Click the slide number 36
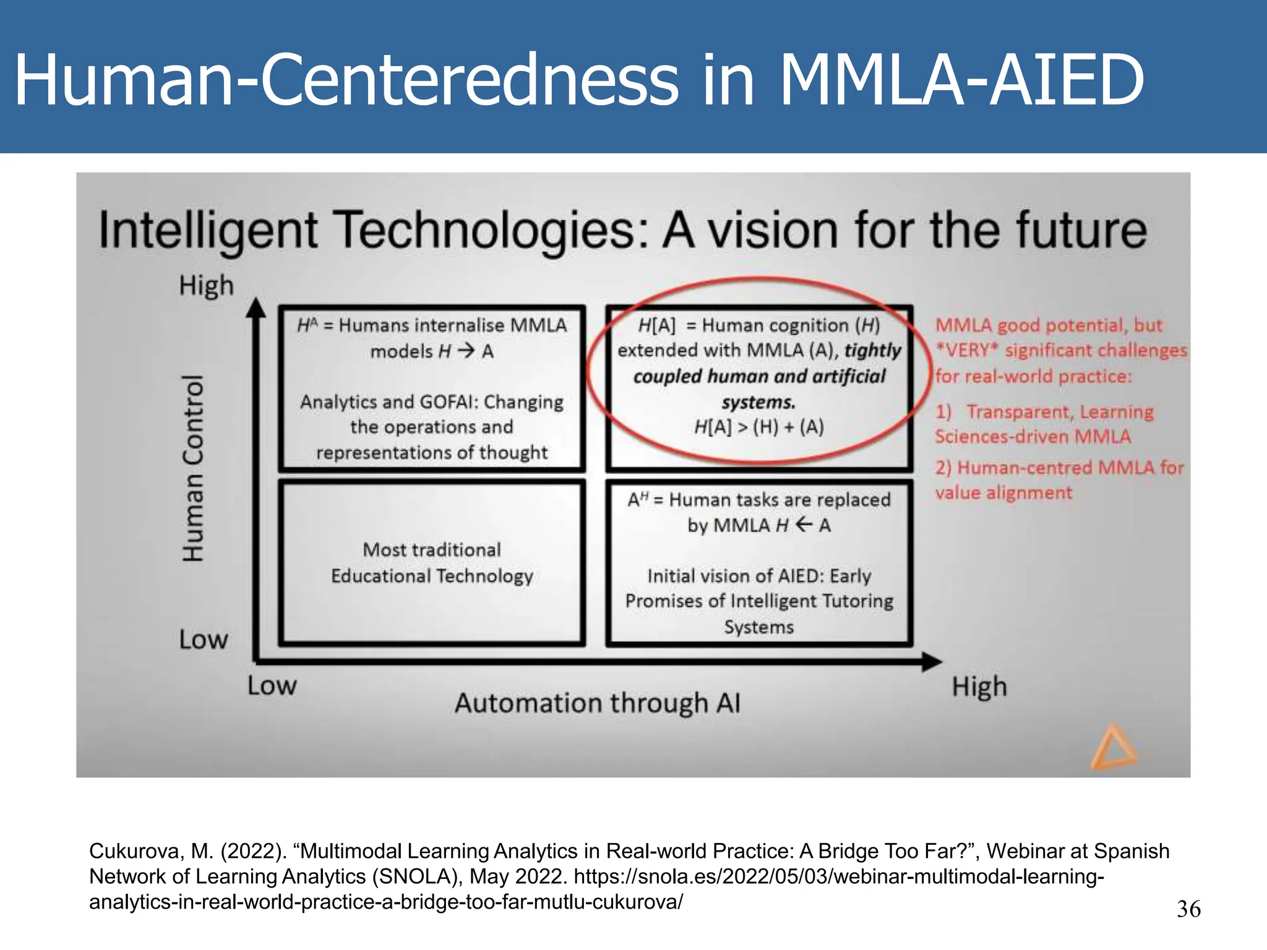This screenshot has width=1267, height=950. [x=1188, y=909]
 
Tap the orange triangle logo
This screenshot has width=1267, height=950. [x=1113, y=748]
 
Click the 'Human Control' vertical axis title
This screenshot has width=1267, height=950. [x=193, y=468]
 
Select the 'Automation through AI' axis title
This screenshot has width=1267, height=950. [x=597, y=703]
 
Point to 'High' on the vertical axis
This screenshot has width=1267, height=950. [x=206, y=286]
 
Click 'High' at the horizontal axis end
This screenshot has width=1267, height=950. [x=979, y=687]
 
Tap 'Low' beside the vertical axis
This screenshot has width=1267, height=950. [x=203, y=640]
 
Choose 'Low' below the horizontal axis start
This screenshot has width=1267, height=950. [x=272, y=686]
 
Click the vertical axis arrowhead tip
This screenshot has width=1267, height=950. [x=256, y=301]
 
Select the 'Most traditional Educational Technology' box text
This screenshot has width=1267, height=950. [x=432, y=563]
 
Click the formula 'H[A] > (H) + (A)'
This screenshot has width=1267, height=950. [x=758, y=427]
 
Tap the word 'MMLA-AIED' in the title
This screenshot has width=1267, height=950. [x=961, y=80]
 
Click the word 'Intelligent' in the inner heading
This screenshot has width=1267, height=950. [x=208, y=231]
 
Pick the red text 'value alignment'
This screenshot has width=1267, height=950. [x=1003, y=493]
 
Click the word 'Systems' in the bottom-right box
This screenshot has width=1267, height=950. [x=758, y=627]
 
